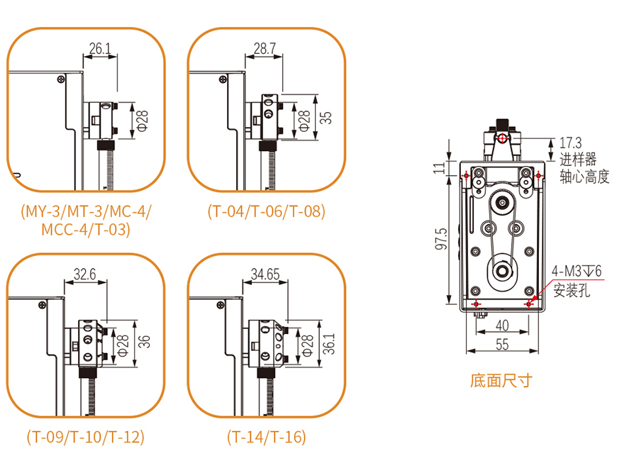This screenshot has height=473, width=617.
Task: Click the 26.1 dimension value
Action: click(99, 49)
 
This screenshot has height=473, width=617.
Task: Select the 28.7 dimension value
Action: click(264, 49)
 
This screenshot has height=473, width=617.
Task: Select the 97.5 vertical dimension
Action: click(441, 240)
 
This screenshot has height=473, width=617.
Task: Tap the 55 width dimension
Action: click(502, 345)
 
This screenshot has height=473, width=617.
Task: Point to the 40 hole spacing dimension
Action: click(502, 325)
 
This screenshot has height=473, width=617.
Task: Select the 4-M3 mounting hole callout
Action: click(577, 272)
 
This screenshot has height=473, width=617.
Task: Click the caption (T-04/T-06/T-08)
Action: click(266, 211)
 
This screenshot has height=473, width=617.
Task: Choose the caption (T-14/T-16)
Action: click(266, 438)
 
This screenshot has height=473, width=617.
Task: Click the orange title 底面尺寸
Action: click(501, 381)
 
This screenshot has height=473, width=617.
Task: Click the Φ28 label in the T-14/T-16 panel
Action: click(306, 344)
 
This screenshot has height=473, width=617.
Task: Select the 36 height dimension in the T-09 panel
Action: click(145, 342)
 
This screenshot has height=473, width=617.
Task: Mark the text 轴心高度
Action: click(584, 177)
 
